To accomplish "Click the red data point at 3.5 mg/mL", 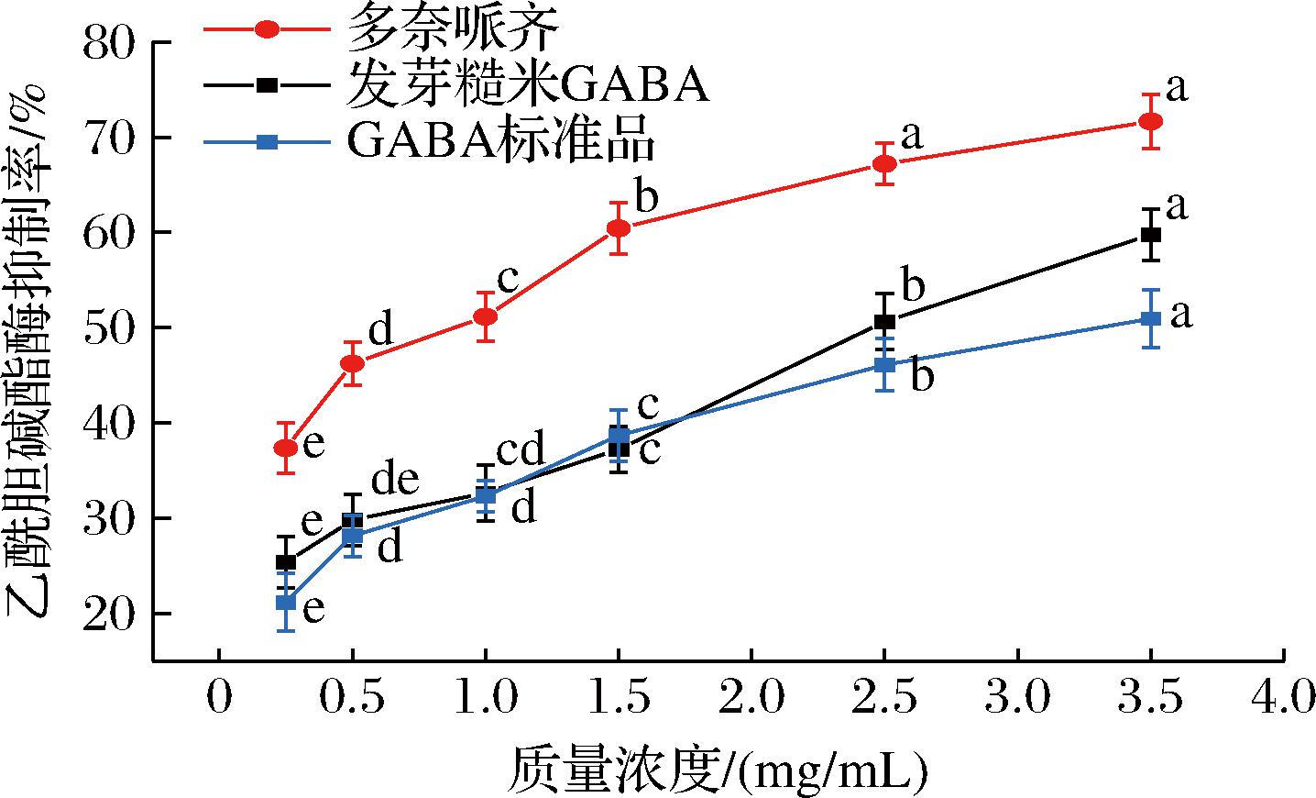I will (1151, 121).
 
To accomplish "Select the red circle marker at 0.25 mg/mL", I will (286, 448).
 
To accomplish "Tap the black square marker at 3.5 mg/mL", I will (1151, 235).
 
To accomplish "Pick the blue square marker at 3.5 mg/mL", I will (1151, 318).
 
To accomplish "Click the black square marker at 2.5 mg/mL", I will (884, 321).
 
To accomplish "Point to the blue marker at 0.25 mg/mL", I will (286, 603).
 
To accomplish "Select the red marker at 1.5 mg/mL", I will (619, 227).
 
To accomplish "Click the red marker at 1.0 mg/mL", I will (485, 316).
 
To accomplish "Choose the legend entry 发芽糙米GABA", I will (526, 85).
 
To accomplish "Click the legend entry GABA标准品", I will (500, 141).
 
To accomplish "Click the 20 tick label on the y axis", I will (108, 613).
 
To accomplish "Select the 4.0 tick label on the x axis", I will (1282, 699).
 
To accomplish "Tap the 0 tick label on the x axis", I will (218, 699).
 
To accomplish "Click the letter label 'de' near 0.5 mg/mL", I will (395, 479).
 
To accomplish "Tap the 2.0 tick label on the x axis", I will (751, 699).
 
